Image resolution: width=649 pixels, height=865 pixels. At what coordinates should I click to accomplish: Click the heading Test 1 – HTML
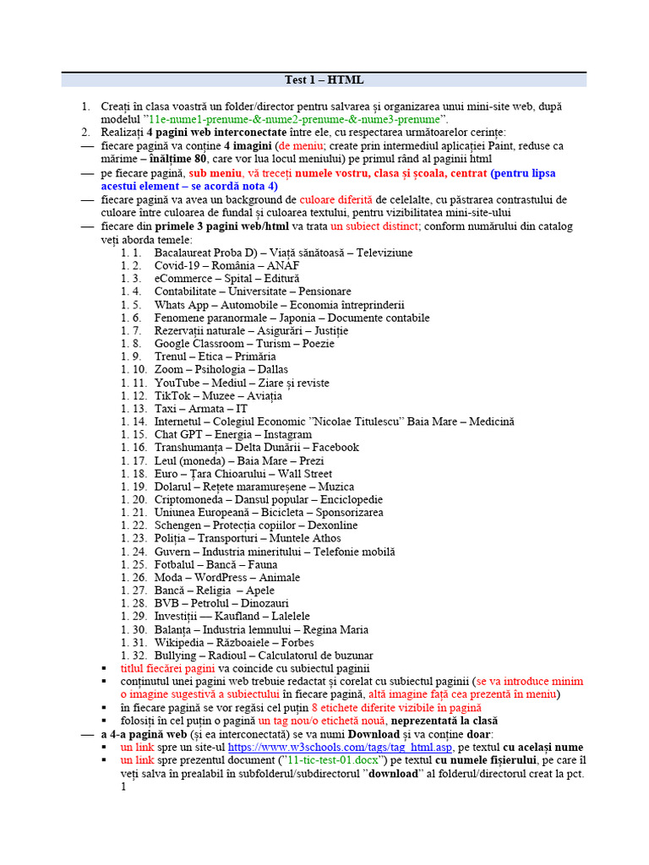point(324,80)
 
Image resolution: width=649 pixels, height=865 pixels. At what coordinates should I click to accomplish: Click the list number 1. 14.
point(134,422)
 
